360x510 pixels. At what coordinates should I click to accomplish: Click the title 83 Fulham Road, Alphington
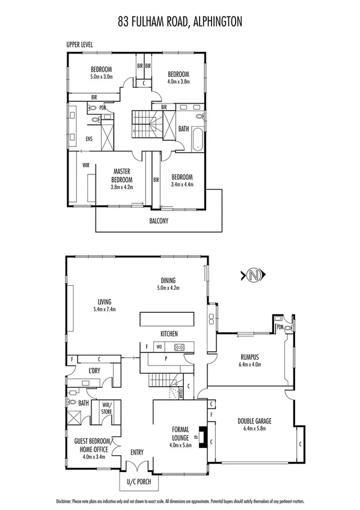coord(180,22)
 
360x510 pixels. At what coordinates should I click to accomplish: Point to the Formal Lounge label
coord(180,433)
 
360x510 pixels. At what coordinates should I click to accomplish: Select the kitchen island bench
coord(167,318)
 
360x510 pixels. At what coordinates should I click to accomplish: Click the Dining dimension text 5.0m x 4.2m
coord(168,287)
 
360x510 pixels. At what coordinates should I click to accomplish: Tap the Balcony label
coord(159,221)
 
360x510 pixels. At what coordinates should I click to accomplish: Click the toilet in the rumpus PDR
coord(290,327)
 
